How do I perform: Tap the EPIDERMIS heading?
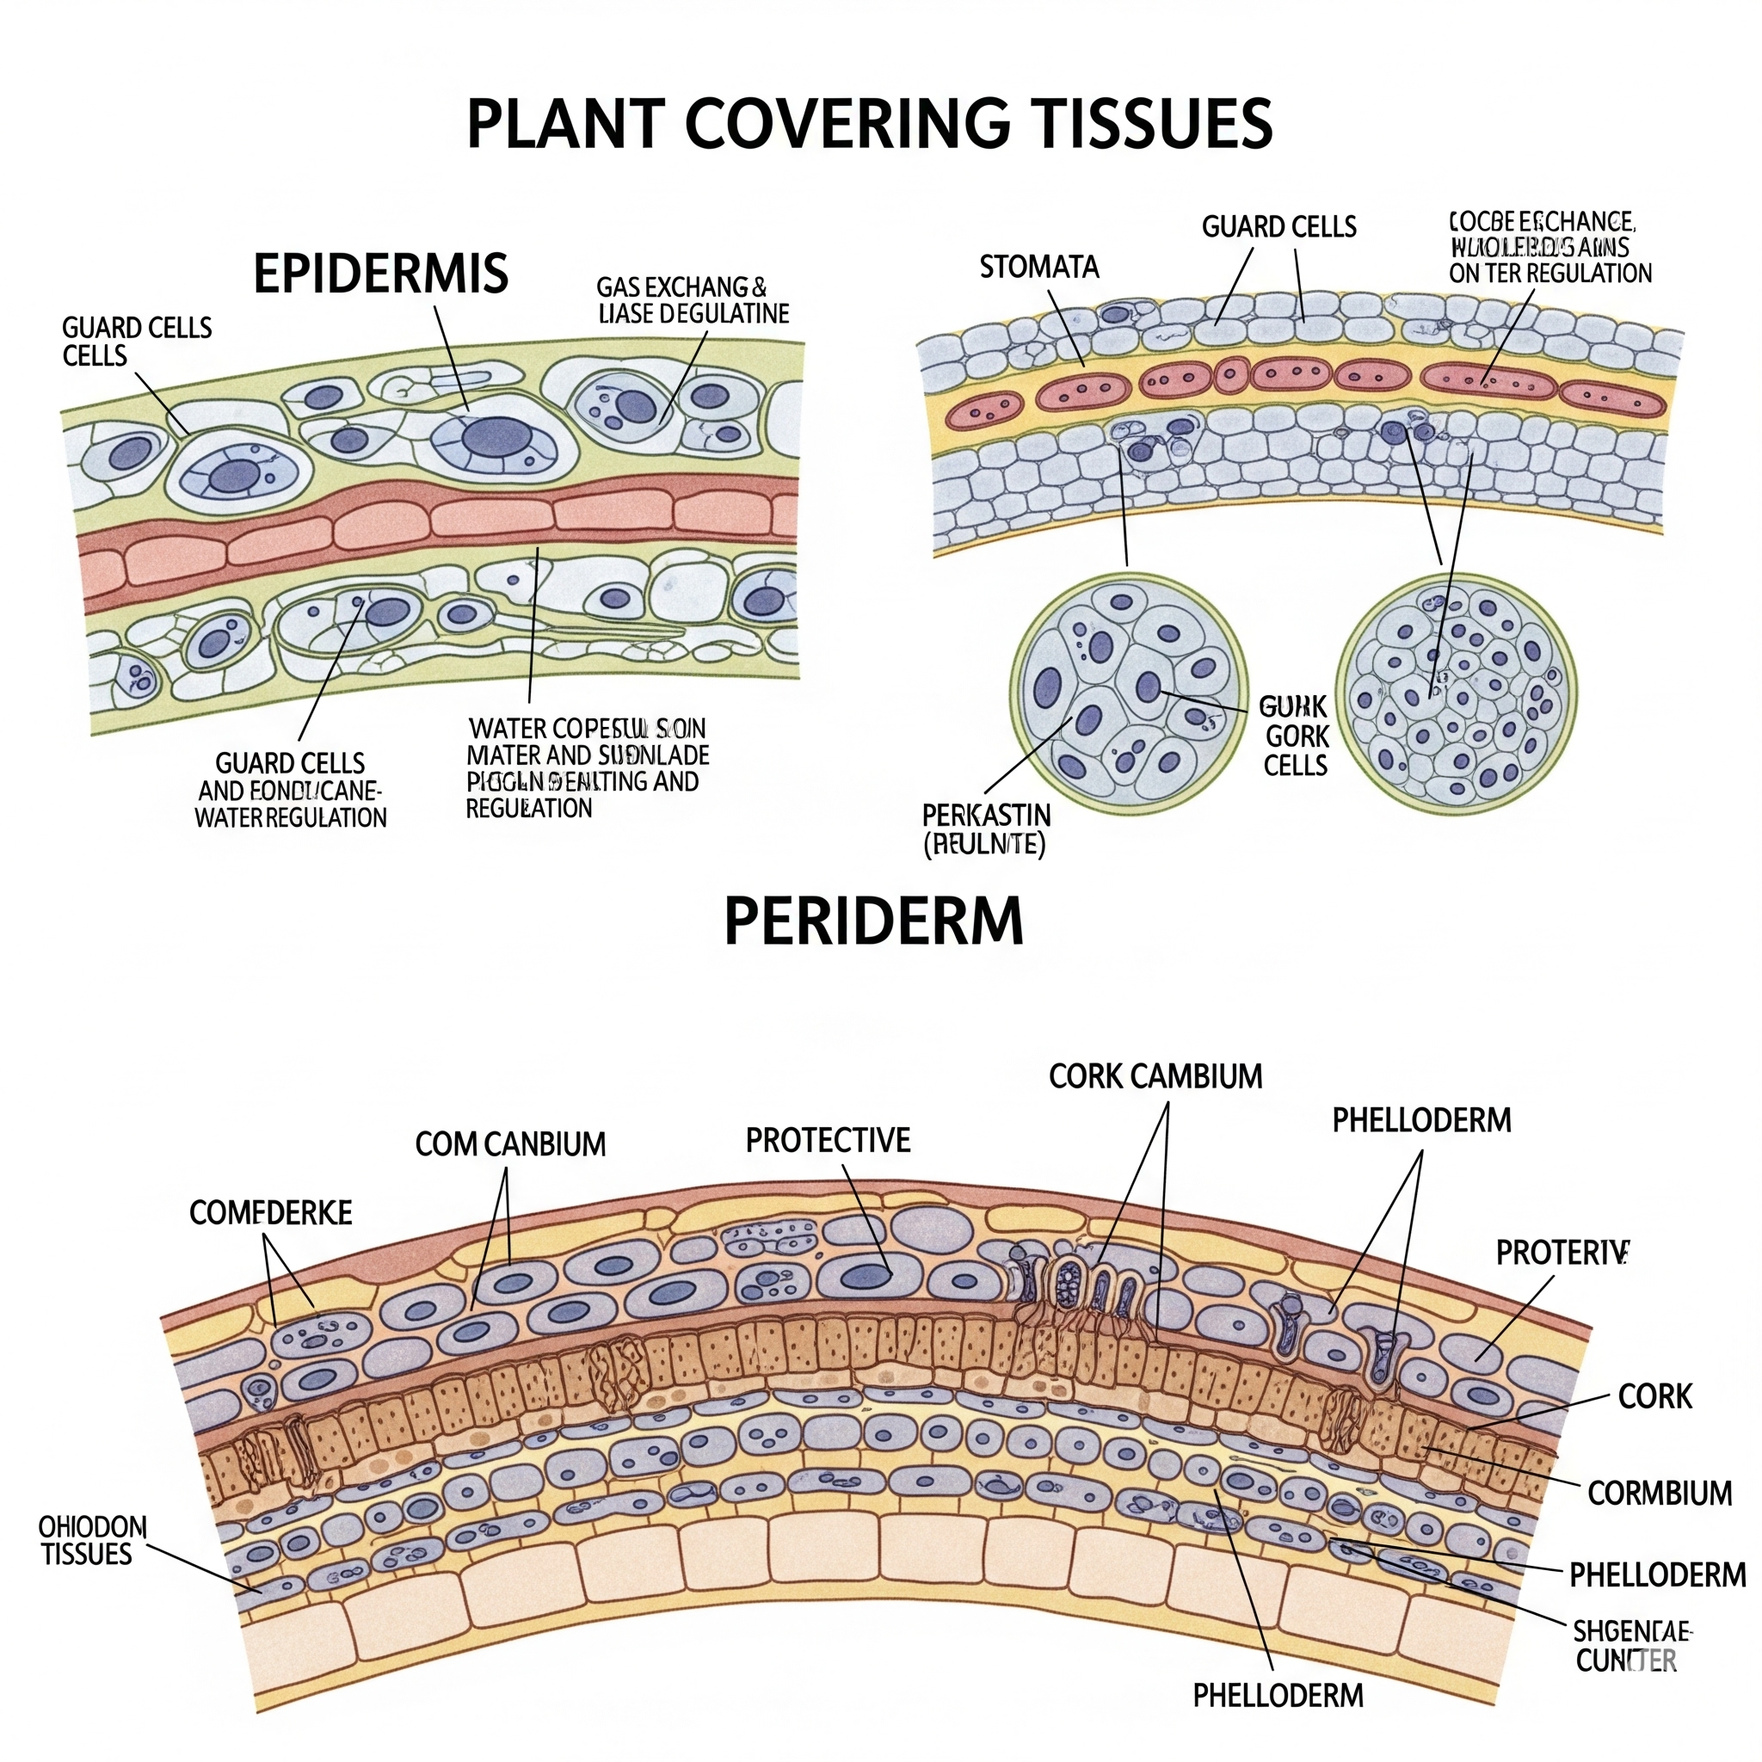pyautogui.click(x=380, y=273)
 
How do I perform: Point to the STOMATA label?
pyautogui.click(x=1038, y=268)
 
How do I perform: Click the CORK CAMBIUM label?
pyautogui.click(x=1155, y=1076)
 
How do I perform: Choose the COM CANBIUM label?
pyautogui.click(x=510, y=1143)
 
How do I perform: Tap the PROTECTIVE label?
pyautogui.click(x=829, y=1140)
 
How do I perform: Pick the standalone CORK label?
pyautogui.click(x=1654, y=1396)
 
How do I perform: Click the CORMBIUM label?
pyautogui.click(x=1660, y=1493)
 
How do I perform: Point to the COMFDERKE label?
pyautogui.click(x=271, y=1212)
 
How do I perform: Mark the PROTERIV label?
pyautogui.click(x=1562, y=1253)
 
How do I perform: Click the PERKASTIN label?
pyautogui.click(x=986, y=815)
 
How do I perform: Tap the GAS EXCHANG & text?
pyautogui.click(x=681, y=287)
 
